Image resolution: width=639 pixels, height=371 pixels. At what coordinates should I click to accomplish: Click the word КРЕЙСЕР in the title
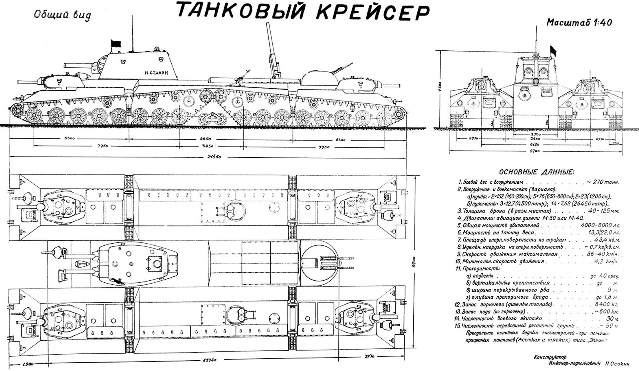tap(373, 12)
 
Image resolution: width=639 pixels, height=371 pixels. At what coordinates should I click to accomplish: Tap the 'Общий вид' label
tap(62, 15)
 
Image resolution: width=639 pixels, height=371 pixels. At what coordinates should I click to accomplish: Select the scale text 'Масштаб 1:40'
tap(579, 22)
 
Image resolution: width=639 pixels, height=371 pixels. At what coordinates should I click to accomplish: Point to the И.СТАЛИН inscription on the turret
tap(157, 73)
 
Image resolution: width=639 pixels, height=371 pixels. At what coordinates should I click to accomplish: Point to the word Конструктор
tap(550, 356)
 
